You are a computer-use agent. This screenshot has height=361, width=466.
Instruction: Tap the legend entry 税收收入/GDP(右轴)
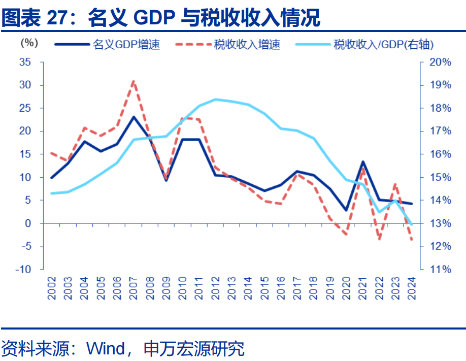point(383,45)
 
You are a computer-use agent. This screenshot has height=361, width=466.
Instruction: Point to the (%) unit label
point(28,43)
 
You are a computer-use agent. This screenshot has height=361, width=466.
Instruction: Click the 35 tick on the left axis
point(24,62)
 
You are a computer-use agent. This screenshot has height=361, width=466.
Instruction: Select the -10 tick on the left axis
point(22,270)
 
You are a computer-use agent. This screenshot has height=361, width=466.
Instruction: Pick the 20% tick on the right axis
point(440,62)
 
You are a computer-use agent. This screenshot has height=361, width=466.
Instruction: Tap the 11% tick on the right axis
point(440,270)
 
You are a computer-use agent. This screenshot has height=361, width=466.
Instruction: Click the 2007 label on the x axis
point(133,288)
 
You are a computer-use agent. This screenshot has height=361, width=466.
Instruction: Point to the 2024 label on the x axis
point(412,288)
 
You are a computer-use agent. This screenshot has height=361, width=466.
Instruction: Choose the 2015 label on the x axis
point(264,288)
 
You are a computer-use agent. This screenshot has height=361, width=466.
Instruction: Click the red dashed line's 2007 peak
point(133,81)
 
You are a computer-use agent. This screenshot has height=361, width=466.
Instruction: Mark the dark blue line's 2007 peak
point(133,117)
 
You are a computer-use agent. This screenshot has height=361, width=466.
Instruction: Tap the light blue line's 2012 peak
point(215,99)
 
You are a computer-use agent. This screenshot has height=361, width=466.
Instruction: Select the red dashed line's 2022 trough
point(379,239)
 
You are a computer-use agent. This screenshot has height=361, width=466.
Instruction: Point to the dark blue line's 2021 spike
point(363,161)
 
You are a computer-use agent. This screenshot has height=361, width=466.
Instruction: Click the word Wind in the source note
point(106,349)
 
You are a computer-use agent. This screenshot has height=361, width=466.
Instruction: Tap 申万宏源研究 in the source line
point(194,349)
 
